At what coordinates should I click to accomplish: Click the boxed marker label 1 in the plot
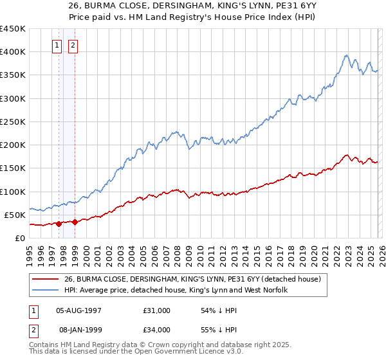coord(57,46)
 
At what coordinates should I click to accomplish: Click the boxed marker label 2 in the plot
coord(73,46)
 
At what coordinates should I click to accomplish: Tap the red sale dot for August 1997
coord(59,224)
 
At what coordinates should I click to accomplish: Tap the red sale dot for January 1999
coord(75,222)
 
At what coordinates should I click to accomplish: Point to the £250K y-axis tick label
coord(13,122)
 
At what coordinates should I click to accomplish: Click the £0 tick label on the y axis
coord(19,238)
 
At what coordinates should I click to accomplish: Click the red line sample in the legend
coord(46,279)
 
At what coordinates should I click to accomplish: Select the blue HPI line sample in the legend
coord(46,291)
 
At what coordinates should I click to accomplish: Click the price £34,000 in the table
coord(157,329)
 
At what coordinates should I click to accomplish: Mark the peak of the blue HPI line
coord(346,55)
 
